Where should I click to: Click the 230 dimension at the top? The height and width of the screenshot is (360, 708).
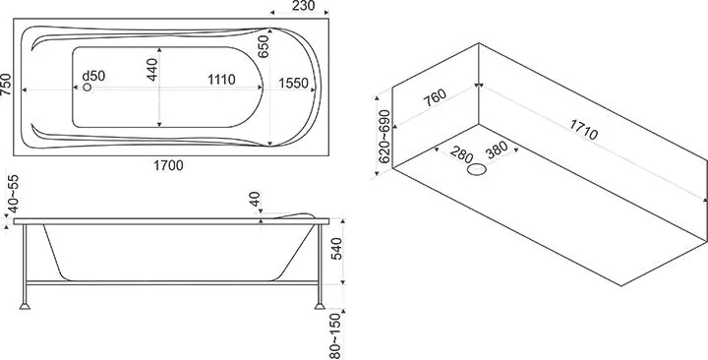pyautogui.click(x=304, y=6)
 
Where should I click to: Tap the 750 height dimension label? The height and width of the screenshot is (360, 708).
pyautogui.click(x=6, y=85)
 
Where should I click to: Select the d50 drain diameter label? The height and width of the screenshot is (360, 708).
pyautogui.click(x=93, y=76)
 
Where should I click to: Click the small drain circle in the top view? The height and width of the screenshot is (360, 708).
pyautogui.click(x=88, y=88)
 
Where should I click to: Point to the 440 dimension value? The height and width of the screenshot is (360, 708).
pyautogui.click(x=152, y=70)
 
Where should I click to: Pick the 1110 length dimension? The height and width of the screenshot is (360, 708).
pyautogui.click(x=221, y=80)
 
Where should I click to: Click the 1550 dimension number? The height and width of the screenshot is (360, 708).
pyautogui.click(x=293, y=83)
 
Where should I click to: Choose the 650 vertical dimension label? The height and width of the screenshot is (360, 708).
pyautogui.click(x=264, y=46)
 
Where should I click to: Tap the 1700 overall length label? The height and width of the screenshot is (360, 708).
pyautogui.click(x=168, y=166)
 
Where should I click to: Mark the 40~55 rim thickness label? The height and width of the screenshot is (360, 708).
pyautogui.click(x=14, y=194)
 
